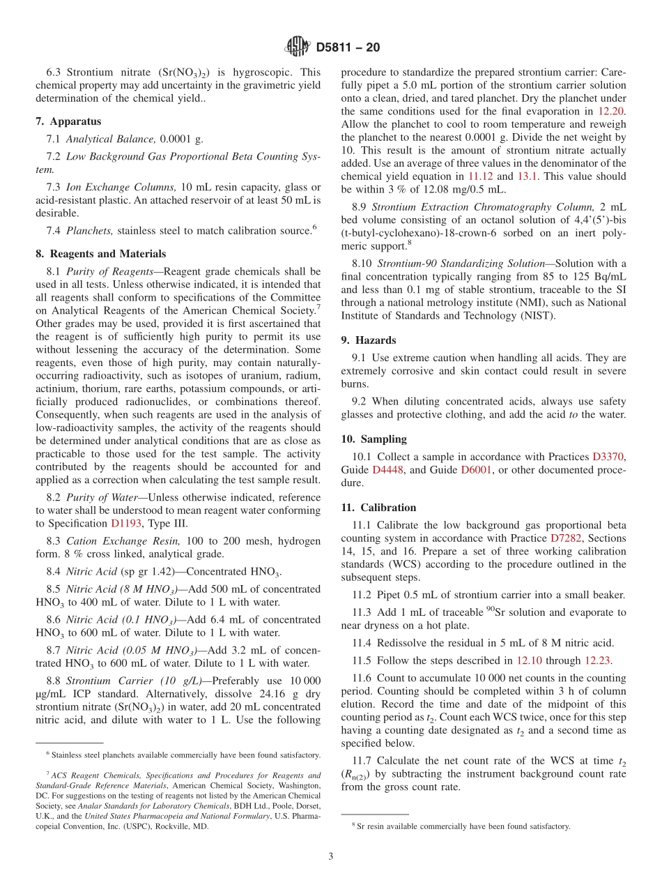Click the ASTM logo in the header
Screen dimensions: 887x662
coord(298,47)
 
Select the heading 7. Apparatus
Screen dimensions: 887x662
coord(68,121)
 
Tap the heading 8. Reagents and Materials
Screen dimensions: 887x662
coord(100,254)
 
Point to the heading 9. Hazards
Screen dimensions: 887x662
coord(368,340)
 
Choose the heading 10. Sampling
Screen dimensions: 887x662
coord(374,439)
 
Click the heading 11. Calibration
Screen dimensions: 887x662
coord(378,508)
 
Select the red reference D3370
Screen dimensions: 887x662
coord(608,457)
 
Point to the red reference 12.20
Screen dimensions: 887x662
coord(612,112)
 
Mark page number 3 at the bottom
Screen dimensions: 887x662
coord(331,856)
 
